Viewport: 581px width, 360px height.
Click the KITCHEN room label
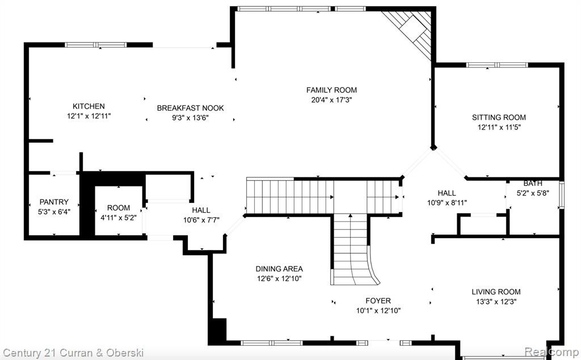(x=89, y=106)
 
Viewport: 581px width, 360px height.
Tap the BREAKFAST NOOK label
(x=191, y=108)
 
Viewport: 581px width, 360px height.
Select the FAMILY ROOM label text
(x=331, y=90)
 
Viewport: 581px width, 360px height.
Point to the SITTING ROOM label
(x=499, y=117)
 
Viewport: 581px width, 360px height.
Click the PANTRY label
(x=54, y=202)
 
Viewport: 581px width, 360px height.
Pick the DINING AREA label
(x=279, y=269)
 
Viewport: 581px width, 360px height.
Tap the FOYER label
(x=378, y=300)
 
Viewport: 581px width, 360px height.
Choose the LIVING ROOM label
(x=496, y=292)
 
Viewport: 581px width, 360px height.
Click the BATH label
(x=533, y=183)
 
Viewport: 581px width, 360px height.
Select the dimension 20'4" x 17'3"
(x=331, y=100)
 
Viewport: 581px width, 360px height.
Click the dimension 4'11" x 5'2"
(x=119, y=218)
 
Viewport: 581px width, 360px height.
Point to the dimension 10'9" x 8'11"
(x=447, y=203)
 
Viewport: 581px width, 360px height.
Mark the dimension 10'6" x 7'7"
(x=201, y=220)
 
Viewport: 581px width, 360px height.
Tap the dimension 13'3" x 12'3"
(x=496, y=302)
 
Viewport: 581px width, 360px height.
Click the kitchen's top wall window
(x=96, y=45)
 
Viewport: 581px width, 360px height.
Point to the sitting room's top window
(x=497, y=65)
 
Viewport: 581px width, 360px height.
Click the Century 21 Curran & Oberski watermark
(x=73, y=352)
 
